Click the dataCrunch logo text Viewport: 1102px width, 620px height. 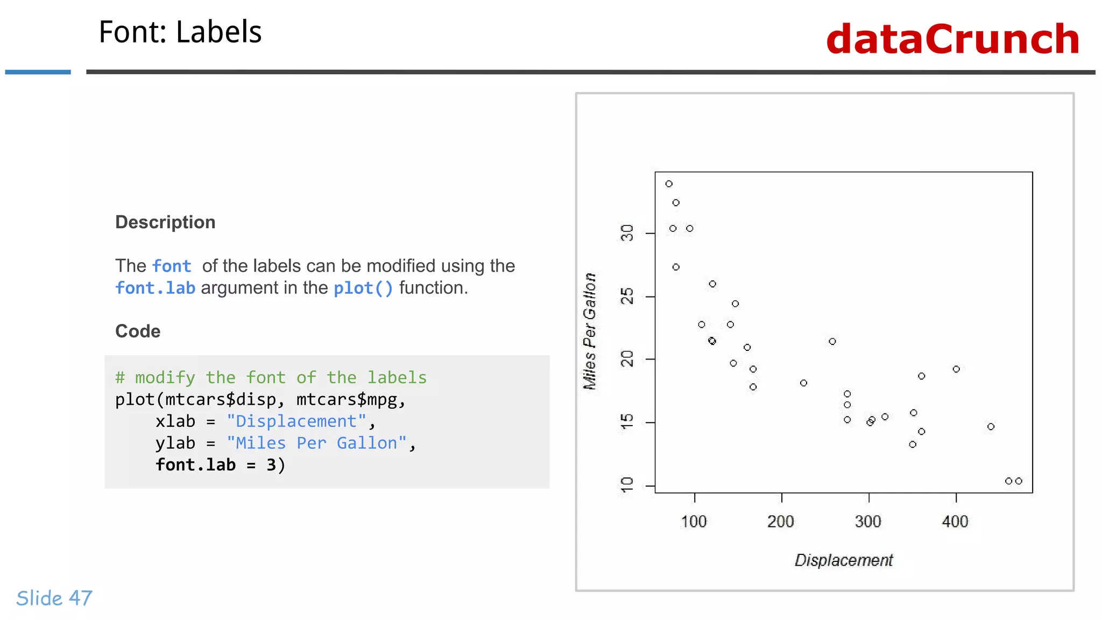pos(952,39)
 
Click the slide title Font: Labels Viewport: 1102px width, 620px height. pos(180,32)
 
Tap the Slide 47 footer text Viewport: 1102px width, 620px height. pos(54,598)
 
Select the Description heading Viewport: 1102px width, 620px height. pos(165,222)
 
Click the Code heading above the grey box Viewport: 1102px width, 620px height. pos(138,331)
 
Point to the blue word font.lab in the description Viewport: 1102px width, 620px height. pos(155,288)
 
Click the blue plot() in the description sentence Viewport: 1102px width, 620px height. pos(363,288)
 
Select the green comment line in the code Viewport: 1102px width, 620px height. pos(271,378)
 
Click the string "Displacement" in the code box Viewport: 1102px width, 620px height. pos(296,421)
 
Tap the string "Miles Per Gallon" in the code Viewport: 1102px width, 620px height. pos(316,443)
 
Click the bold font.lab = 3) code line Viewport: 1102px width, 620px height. pos(220,465)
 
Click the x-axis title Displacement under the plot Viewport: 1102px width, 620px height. pos(843,560)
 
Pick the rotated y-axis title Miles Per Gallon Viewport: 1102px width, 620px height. pos(590,332)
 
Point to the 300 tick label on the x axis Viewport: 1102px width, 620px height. pos(868,522)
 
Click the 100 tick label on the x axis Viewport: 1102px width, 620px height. pos(694,522)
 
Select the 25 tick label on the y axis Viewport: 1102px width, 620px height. pos(627,297)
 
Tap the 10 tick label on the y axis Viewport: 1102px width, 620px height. pos(627,485)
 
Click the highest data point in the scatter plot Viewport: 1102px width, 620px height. pos(669,184)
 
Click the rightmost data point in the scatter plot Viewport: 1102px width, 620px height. pos(1019,481)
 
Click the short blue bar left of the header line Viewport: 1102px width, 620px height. pos(38,72)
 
